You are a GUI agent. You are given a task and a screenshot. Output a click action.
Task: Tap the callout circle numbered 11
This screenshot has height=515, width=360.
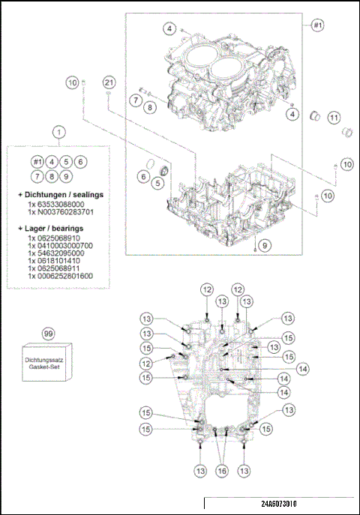tap(334, 118)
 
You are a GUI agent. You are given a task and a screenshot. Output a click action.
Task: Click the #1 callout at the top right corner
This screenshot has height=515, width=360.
tap(317, 25)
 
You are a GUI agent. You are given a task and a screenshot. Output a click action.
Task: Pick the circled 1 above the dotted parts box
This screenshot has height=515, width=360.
tap(58, 132)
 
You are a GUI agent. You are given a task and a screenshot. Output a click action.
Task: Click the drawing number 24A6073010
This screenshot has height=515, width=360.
tap(279, 505)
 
